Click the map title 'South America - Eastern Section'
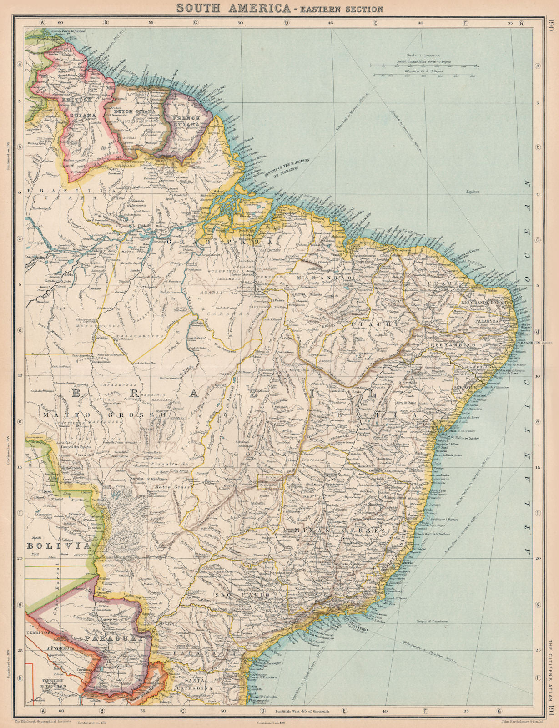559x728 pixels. pyautogui.click(x=279, y=8)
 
